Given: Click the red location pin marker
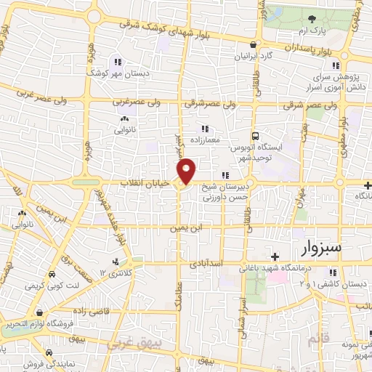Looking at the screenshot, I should [x=187, y=171].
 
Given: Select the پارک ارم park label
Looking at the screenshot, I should [x=313, y=31].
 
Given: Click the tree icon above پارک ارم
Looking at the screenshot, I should [x=312, y=19].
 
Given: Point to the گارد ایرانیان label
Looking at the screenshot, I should [x=257, y=55].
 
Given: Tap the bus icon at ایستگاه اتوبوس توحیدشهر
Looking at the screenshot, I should [x=254, y=136].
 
